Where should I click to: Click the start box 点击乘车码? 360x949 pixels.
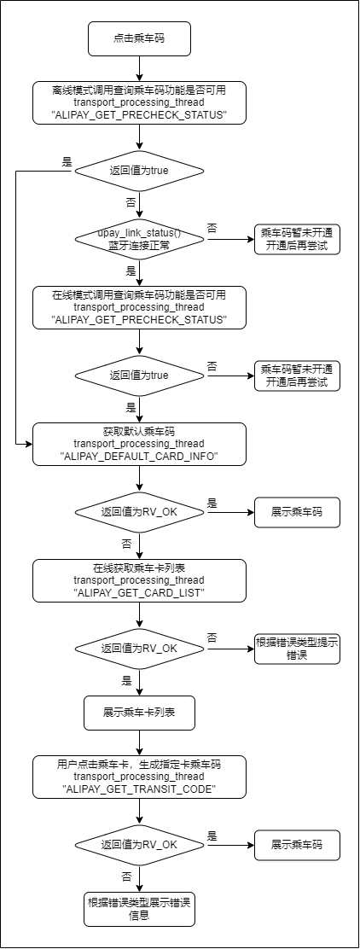click(139, 38)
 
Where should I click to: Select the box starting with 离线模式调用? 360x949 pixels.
click(139, 103)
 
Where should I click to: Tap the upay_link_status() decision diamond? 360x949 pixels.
click(139, 239)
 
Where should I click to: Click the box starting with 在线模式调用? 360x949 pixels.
click(139, 307)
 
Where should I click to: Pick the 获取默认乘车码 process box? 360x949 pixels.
click(139, 445)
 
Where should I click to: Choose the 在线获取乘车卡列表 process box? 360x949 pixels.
click(139, 581)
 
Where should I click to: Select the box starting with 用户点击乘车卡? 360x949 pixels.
click(139, 777)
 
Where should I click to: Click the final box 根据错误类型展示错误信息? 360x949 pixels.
click(139, 909)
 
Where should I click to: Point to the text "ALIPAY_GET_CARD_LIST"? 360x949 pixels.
click(140, 593)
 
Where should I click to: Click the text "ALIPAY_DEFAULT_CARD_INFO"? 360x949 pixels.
click(139, 457)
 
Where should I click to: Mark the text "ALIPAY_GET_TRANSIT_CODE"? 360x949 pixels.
click(140, 789)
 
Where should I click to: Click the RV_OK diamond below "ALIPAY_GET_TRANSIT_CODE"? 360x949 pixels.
click(139, 844)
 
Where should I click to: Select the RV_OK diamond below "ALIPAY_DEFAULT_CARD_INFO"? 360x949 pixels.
click(139, 512)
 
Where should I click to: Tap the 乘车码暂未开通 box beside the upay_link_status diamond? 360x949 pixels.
click(297, 239)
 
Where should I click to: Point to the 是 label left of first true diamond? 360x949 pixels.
click(67, 161)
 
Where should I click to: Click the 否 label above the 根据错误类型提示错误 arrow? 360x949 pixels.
click(212, 638)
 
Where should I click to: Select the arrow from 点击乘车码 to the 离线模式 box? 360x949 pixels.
click(139, 67)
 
